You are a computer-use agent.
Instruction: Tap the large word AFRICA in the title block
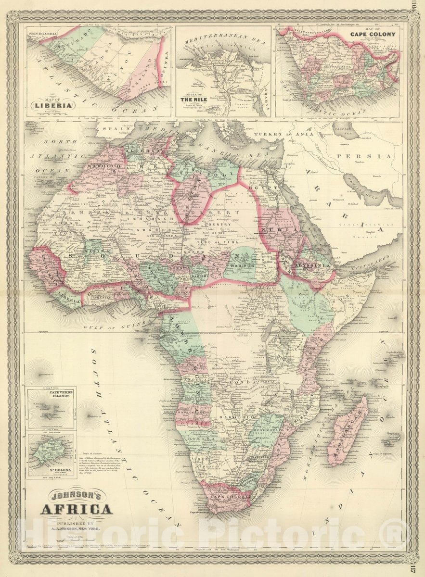pyautogui.click(x=77, y=509)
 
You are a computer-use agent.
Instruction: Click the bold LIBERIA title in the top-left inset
pyautogui.click(x=53, y=105)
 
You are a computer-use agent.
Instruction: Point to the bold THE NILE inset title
pyautogui.click(x=196, y=100)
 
